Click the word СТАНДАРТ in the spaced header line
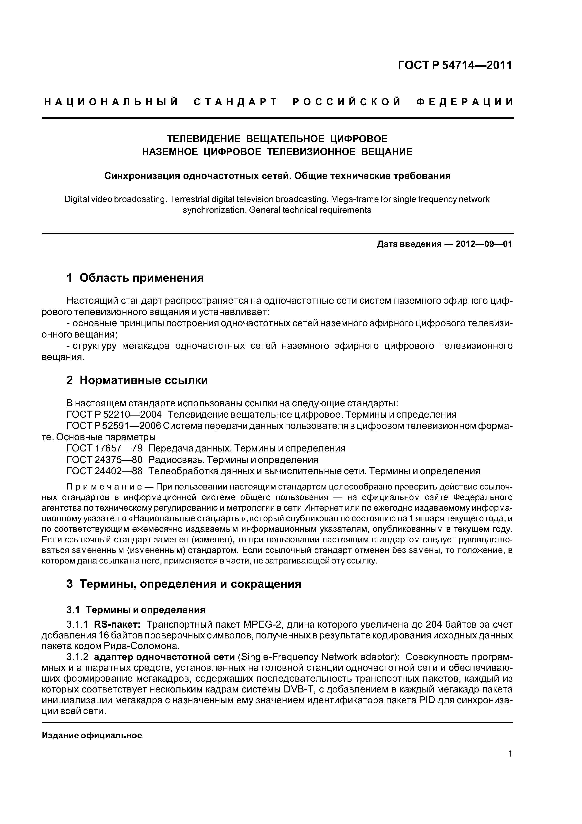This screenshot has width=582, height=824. (x=235, y=102)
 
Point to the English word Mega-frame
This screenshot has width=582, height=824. (x=350, y=199)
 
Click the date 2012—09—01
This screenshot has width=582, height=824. (x=484, y=244)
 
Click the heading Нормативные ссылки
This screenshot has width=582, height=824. (x=143, y=381)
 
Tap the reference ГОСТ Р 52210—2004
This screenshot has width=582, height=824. (x=114, y=415)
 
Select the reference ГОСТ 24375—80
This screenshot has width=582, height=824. (x=105, y=460)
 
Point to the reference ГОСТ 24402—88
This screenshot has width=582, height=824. (x=105, y=471)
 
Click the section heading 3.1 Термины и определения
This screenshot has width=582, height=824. (x=136, y=610)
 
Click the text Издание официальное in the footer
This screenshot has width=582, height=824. (x=92, y=735)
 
